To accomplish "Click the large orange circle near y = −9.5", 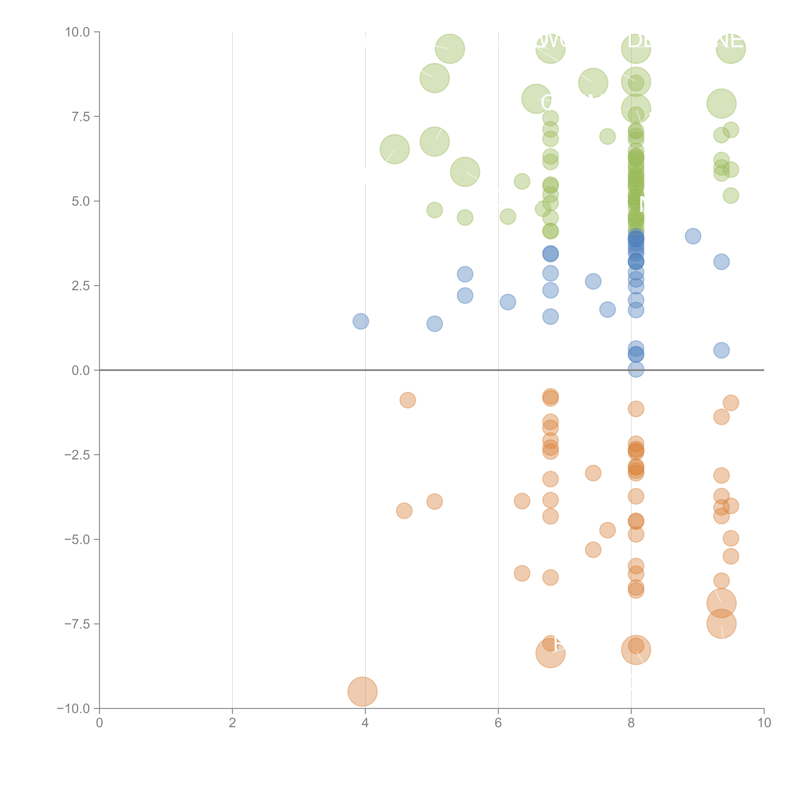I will tap(362, 691).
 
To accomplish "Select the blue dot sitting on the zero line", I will tap(636, 370).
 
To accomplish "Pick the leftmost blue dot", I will tap(360, 321).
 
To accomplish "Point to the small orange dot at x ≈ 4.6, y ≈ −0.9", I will tap(408, 400).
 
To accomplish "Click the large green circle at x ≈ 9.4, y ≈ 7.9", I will tap(721, 103).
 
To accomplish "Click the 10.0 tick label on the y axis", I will tap(78, 32).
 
